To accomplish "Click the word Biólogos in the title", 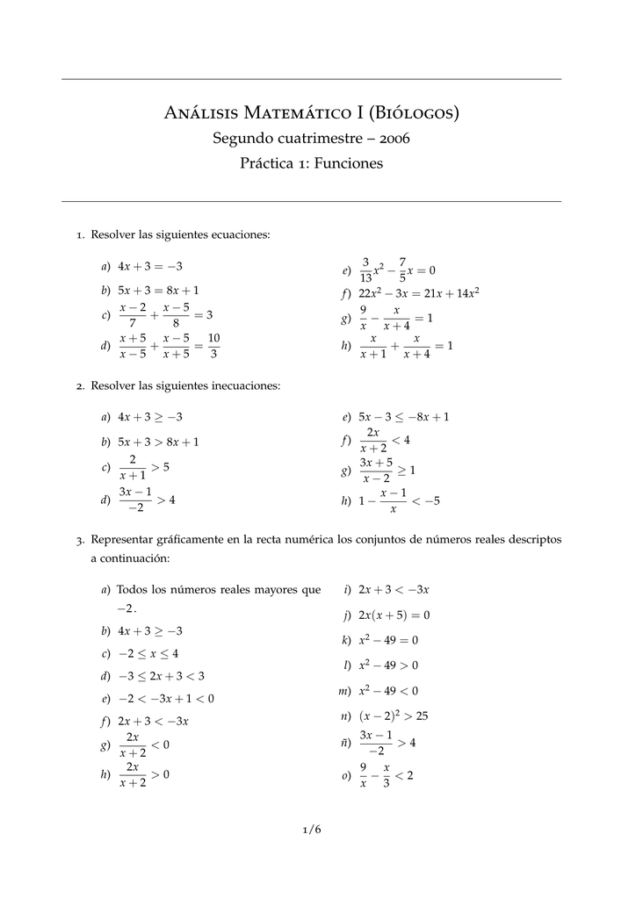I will pos(412,112).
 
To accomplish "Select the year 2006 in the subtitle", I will pos(393,139).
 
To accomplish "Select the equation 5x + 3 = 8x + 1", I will pos(158,290).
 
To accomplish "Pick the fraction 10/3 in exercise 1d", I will pos(213,346).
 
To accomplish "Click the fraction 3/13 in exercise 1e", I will pos(365,270).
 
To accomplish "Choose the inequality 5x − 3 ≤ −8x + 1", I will pos(404,417).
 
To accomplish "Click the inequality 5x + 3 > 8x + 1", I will pos(158,442).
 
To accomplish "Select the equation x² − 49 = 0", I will pos(388,640).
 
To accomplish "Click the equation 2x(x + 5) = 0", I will pos(394,615).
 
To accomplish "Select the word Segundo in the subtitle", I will pos(242,139).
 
